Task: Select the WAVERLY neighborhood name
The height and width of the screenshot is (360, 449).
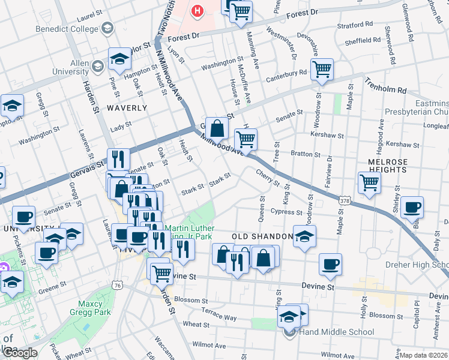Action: (x=127, y=108)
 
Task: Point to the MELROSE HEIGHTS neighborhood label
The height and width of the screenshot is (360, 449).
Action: (x=383, y=166)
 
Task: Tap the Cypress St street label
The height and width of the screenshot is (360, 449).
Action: (x=286, y=212)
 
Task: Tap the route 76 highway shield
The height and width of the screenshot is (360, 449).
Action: (x=117, y=286)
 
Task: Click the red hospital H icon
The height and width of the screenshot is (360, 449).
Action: (x=197, y=10)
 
